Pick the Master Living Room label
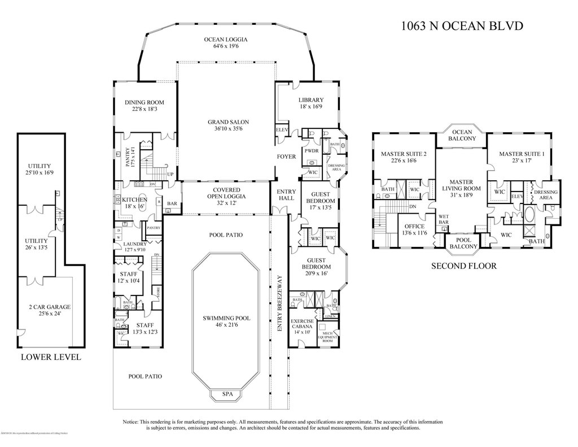pyautogui.click(x=461, y=185)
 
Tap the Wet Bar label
pyautogui.click(x=444, y=219)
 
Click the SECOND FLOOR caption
pyautogui.click(x=464, y=266)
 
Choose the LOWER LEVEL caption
pyautogui.click(x=50, y=357)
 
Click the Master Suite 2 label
pyautogui.click(x=403, y=157)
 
